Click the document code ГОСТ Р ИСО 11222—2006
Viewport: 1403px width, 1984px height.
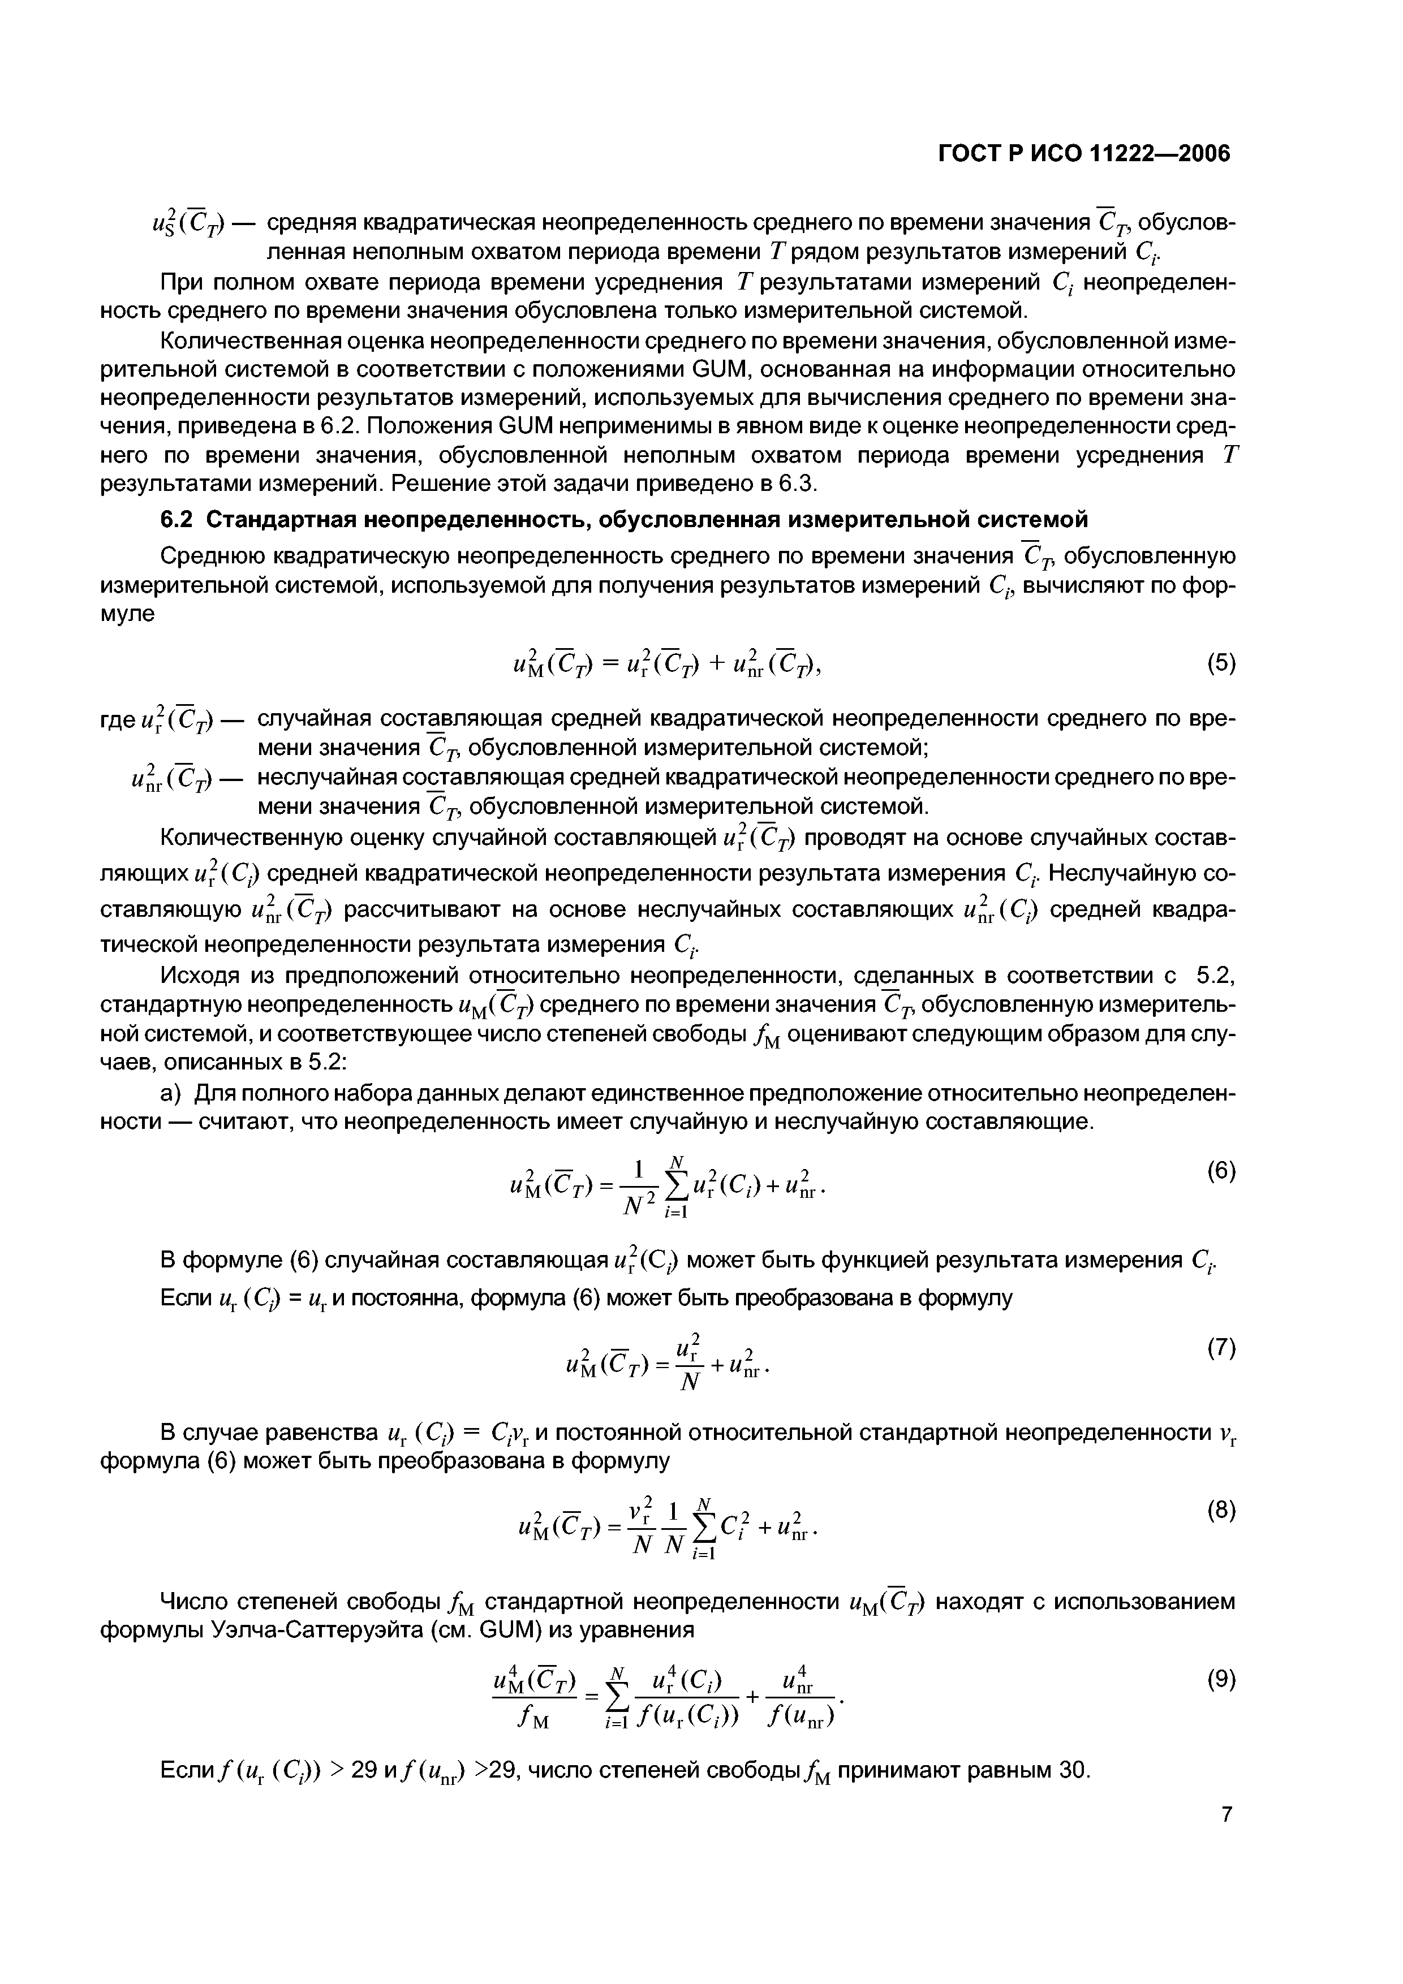[x=1083, y=154]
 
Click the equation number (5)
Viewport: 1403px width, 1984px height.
[x=1221, y=663]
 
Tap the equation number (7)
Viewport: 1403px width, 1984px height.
[x=1221, y=1348]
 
